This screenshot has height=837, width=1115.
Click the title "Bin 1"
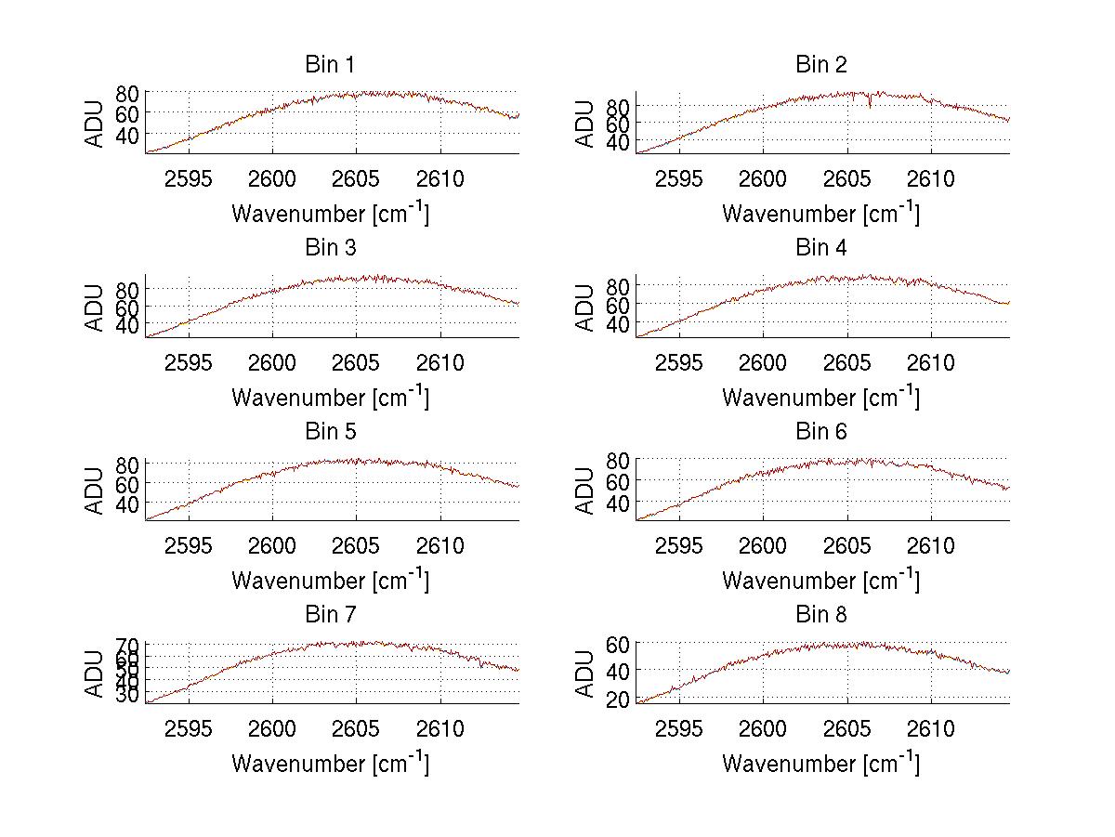[330, 65]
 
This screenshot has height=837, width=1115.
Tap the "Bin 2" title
[820, 65]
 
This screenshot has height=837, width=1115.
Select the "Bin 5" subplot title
[330, 432]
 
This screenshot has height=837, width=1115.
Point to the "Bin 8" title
[820, 615]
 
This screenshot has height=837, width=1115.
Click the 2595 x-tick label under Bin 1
[190, 179]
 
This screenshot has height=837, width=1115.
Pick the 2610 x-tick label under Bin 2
[931, 179]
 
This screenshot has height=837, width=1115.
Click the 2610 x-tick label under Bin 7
[440, 729]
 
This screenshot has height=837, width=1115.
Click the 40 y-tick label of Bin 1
[127, 135]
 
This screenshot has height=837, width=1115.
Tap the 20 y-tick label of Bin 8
[618, 700]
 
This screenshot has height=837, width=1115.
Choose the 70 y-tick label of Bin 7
[127, 645]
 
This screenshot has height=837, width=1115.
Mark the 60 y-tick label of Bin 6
[618, 481]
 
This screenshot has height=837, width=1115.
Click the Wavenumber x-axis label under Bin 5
[330, 581]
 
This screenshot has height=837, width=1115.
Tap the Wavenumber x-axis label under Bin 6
[820, 581]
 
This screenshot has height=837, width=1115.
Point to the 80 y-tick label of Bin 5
[127, 463]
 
